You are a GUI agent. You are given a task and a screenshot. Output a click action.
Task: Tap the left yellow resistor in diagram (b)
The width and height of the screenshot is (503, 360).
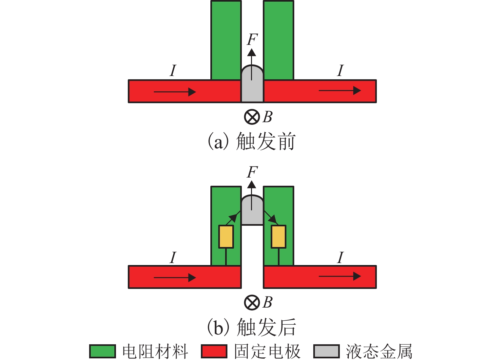click(x=226, y=237)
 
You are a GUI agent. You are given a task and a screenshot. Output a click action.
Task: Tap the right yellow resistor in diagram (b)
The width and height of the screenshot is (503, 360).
click(x=279, y=237)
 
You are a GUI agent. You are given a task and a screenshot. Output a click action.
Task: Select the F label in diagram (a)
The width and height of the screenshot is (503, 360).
click(x=252, y=40)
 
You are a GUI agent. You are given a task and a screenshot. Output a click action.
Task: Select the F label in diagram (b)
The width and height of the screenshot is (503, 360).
click(x=252, y=172)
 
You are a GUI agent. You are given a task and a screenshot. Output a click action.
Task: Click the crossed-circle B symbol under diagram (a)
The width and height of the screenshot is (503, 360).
click(x=252, y=117)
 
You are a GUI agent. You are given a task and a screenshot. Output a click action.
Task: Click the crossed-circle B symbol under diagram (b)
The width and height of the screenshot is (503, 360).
click(x=252, y=302)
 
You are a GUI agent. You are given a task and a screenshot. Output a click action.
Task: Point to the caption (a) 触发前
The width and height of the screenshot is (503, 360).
click(x=252, y=142)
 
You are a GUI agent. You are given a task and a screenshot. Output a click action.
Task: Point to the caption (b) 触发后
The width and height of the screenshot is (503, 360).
click(x=252, y=327)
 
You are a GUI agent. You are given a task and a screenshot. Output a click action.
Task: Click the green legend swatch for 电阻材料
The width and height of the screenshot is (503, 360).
click(x=102, y=351)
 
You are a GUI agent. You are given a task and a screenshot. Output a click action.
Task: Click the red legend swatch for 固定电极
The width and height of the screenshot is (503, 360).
click(x=214, y=351)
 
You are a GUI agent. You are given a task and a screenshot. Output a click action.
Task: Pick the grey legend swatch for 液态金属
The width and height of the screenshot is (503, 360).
click(x=326, y=351)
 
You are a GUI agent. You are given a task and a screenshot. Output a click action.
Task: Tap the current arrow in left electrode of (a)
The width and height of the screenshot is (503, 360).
click(x=175, y=92)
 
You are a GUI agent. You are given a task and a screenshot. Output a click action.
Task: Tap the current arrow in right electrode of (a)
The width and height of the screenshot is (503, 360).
click(x=339, y=91)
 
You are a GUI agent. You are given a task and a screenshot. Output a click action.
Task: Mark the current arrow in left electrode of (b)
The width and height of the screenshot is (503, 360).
click(x=175, y=278)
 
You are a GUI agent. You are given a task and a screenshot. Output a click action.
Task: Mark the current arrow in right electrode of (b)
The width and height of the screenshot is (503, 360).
click(x=339, y=277)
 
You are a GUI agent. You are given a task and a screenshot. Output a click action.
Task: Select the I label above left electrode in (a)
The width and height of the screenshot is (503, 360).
click(x=173, y=71)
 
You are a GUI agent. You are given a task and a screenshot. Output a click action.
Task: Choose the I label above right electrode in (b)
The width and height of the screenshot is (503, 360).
click(x=340, y=257)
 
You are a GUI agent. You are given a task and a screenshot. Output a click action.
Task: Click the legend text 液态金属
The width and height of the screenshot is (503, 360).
click(x=379, y=351)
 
